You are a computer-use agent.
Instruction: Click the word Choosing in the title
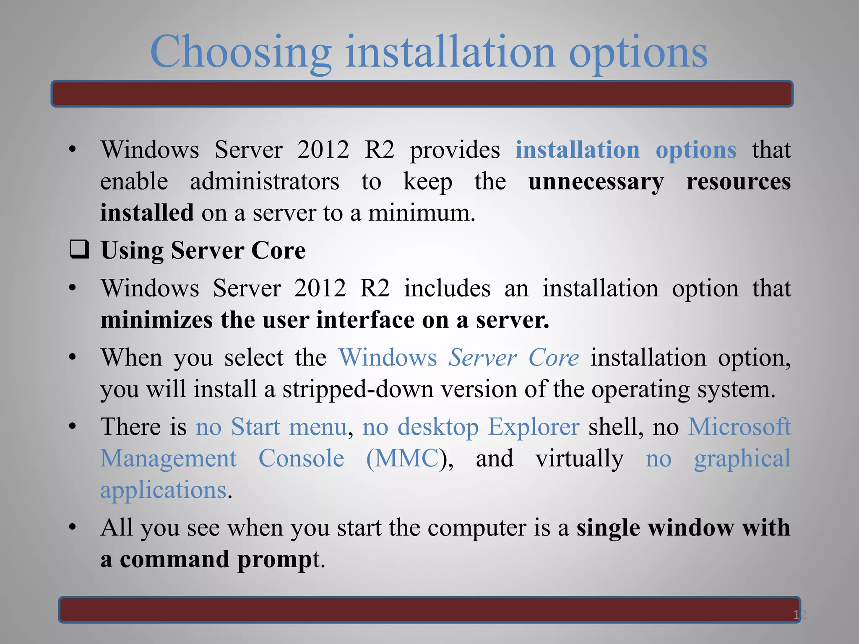pyautogui.click(x=241, y=52)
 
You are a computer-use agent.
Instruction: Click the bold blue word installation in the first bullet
pyautogui.click(x=578, y=150)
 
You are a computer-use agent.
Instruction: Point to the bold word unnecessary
pyautogui.click(x=596, y=182)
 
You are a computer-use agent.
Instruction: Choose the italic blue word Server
pyautogui.click(x=482, y=358)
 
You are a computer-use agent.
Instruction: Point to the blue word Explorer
pyautogui.click(x=534, y=427)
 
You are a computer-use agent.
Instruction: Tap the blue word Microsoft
pyautogui.click(x=739, y=427)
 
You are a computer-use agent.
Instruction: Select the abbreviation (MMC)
pyautogui.click(x=403, y=458)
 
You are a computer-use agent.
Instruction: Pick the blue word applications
pyautogui.click(x=163, y=490)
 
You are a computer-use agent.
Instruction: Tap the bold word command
pyautogui.click(x=174, y=559)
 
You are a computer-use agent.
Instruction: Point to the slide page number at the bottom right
pyautogui.click(x=799, y=615)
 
